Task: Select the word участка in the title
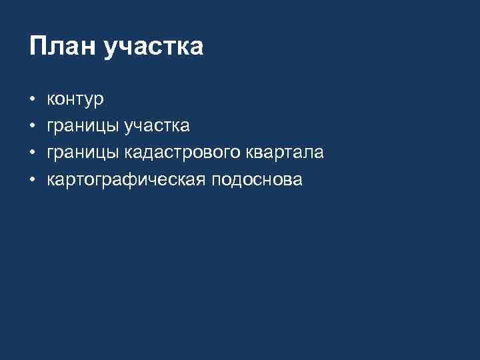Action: [153, 48]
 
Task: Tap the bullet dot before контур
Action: [32, 101]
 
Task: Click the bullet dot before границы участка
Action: [32, 127]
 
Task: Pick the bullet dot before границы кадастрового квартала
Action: [32, 153]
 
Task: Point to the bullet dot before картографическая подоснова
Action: [32, 180]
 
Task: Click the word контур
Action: [75, 101]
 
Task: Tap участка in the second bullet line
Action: [157, 127]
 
